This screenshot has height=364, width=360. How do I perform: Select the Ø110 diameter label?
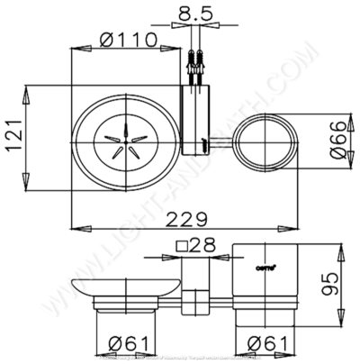click(x=128, y=40)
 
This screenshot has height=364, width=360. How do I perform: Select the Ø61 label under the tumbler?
click(x=266, y=343)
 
